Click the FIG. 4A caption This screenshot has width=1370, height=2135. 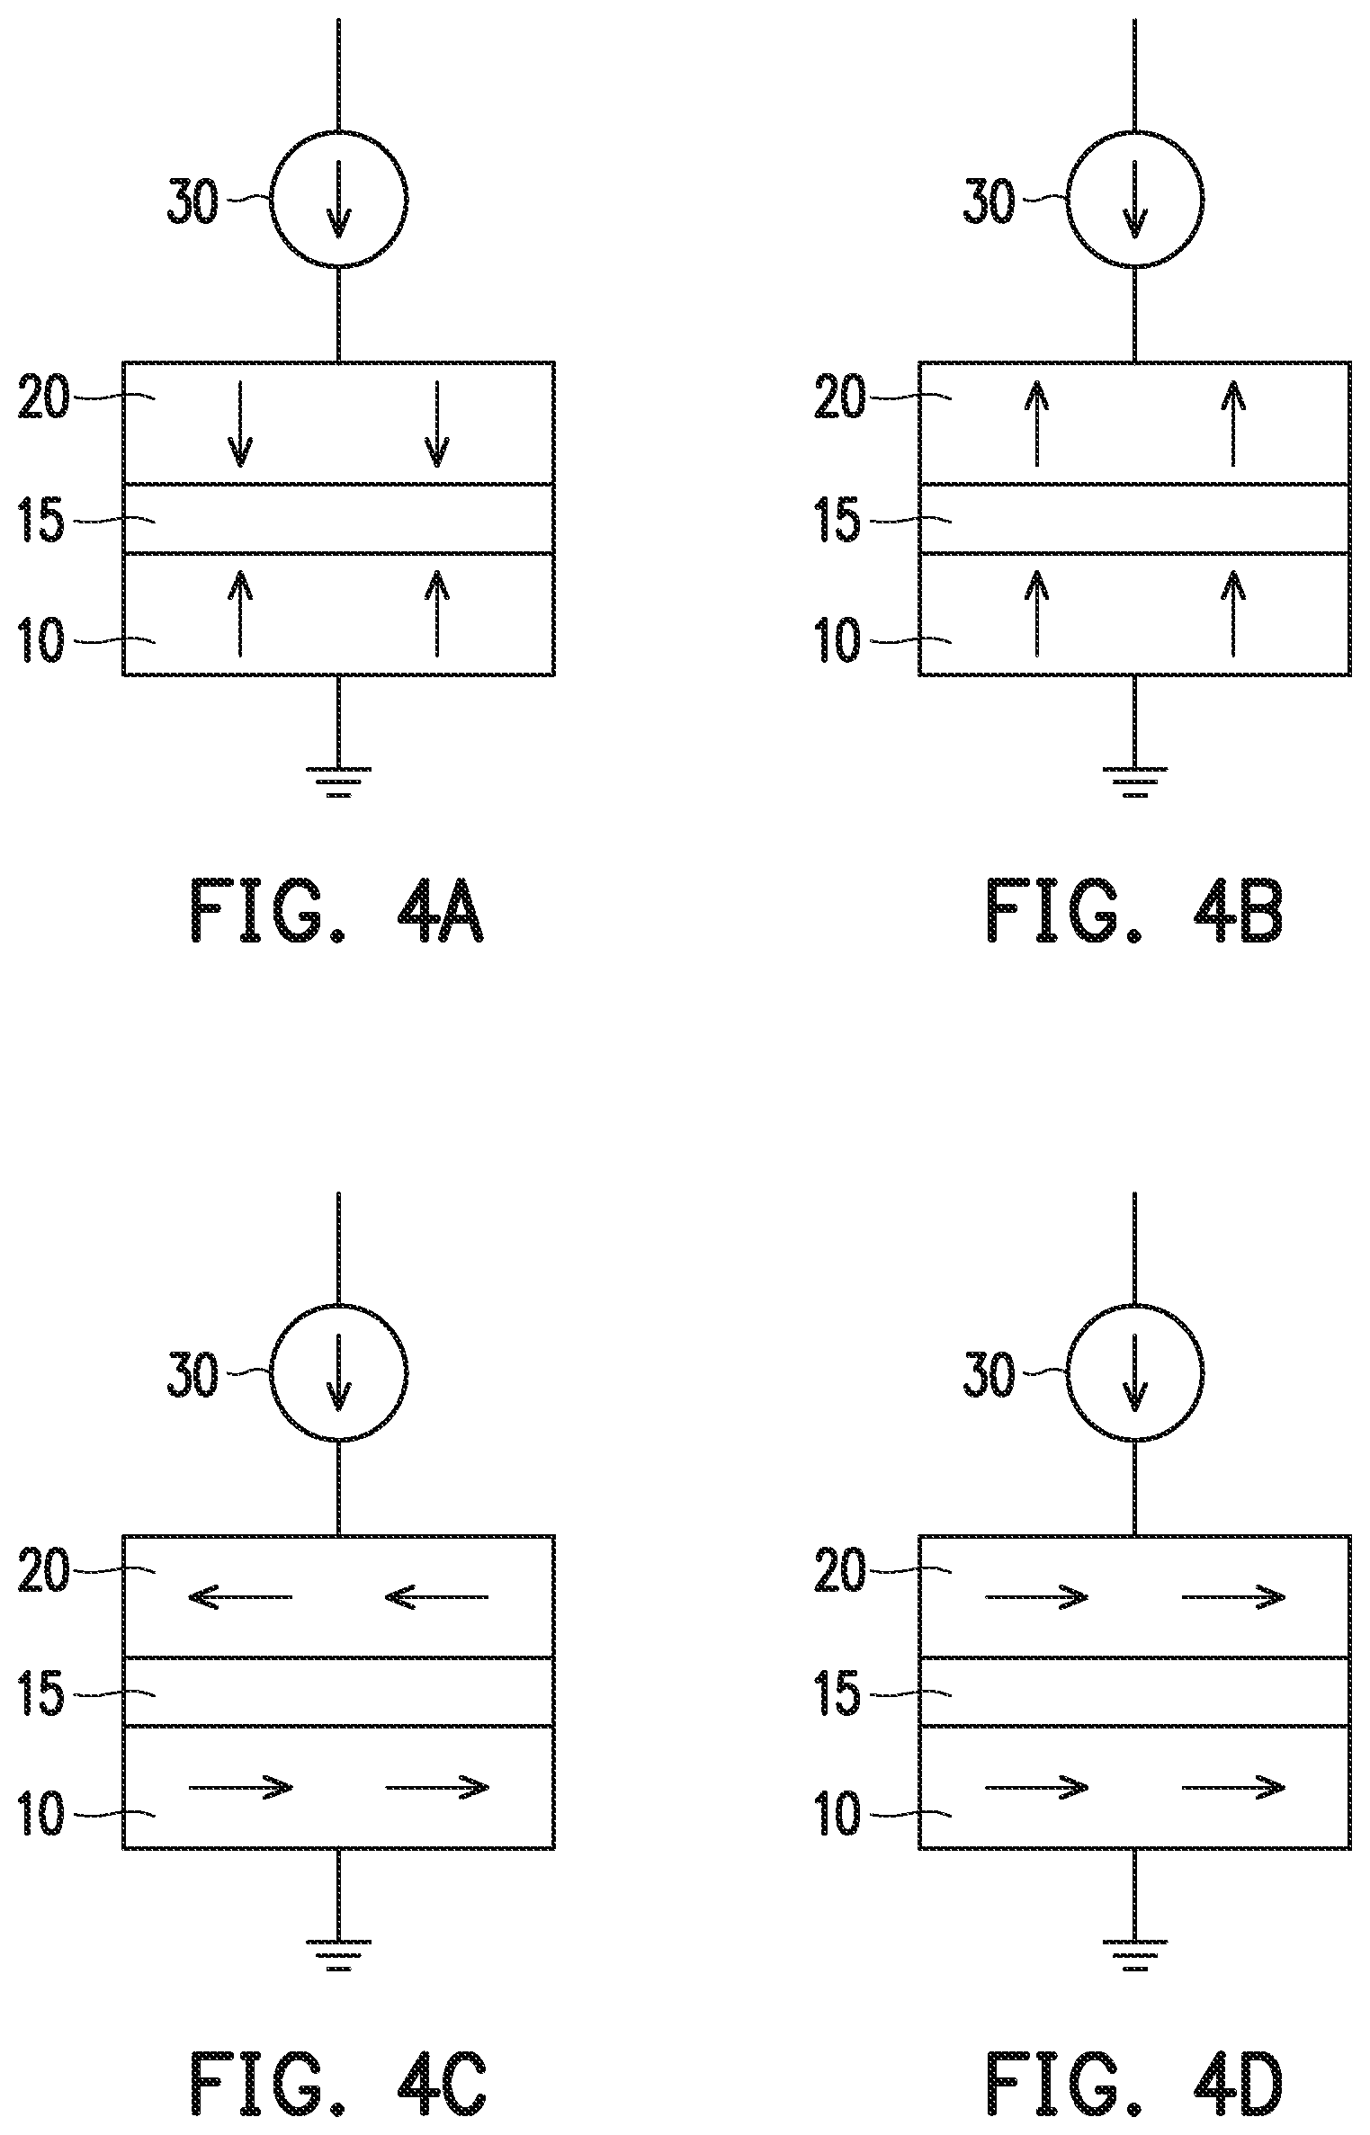pyautogui.click(x=337, y=913)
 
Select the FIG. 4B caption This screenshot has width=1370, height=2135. pyautogui.click(x=1134, y=913)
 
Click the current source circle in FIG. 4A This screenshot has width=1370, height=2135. pyautogui.click(x=339, y=198)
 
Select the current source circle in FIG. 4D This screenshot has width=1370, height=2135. pyautogui.click(x=1135, y=1373)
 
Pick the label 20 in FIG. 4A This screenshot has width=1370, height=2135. pyautogui.click(x=43, y=398)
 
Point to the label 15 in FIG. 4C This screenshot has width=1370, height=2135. pyautogui.click(x=41, y=1695)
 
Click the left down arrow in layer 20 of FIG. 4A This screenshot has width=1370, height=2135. pyautogui.click(x=239, y=424)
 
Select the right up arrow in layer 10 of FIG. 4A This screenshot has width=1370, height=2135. pyautogui.click(x=437, y=612)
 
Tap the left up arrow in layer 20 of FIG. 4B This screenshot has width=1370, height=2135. pyautogui.click(x=1036, y=424)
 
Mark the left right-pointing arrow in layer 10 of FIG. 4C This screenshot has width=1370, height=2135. pyautogui.click(x=241, y=1786)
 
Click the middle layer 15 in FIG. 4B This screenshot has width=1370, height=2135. pyautogui.click(x=1134, y=519)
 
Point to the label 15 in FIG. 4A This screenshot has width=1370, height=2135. pyautogui.click(x=41, y=522)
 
